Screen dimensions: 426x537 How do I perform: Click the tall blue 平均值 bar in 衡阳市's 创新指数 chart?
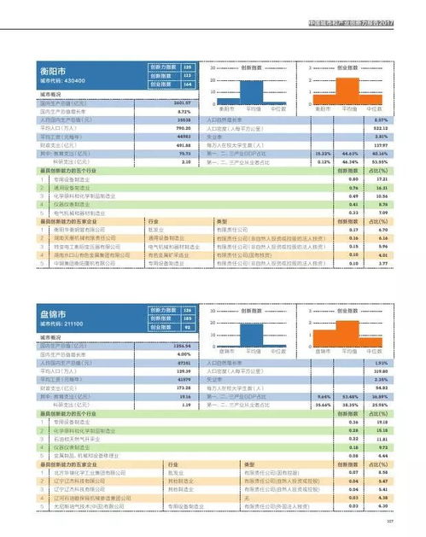click(x=254, y=90)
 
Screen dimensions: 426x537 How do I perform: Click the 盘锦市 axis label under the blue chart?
click(x=227, y=351)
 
